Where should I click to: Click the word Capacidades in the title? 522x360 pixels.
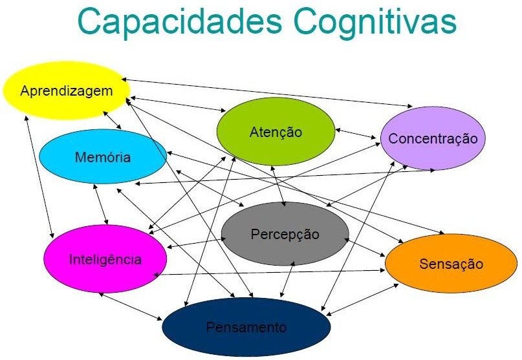tap(177, 21)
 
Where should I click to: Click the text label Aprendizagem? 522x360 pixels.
tap(66, 90)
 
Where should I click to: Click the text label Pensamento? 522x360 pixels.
tap(246, 327)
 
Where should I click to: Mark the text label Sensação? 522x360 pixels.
tap(451, 264)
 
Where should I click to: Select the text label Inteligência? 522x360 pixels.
tap(105, 260)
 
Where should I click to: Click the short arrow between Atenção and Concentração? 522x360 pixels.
tap(356, 132)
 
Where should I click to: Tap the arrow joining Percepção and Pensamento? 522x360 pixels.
tap(288, 279)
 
